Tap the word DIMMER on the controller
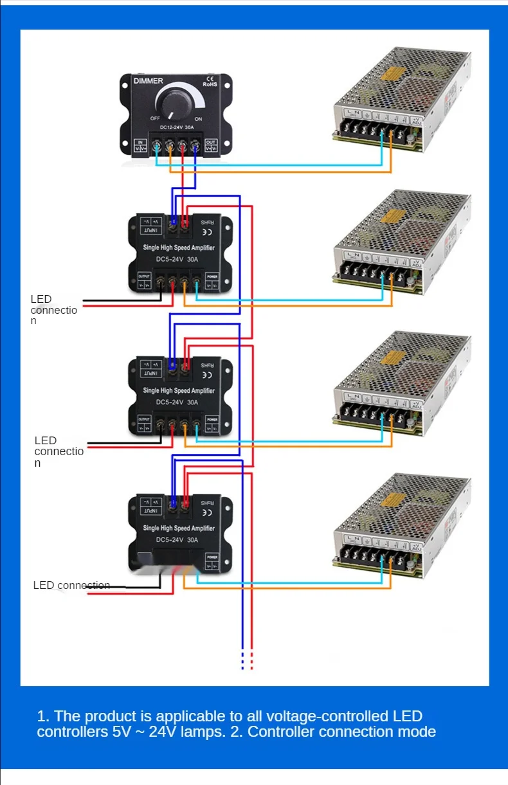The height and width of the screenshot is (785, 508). [x=149, y=81]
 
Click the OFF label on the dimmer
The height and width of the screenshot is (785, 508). [x=155, y=119]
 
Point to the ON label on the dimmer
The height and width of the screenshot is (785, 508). [x=198, y=119]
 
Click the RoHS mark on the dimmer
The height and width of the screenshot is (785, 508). [x=210, y=84]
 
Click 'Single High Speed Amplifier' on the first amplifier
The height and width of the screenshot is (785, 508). [x=179, y=248]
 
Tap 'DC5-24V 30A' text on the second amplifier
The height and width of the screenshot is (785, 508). [x=177, y=402]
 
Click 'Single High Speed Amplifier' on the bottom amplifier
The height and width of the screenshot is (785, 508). [x=179, y=528]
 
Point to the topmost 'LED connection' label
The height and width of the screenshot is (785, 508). [x=53, y=309]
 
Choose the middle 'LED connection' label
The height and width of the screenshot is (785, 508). [x=59, y=451]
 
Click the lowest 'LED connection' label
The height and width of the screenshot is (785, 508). [x=71, y=585]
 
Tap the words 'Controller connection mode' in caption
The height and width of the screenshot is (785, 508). [x=341, y=732]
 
